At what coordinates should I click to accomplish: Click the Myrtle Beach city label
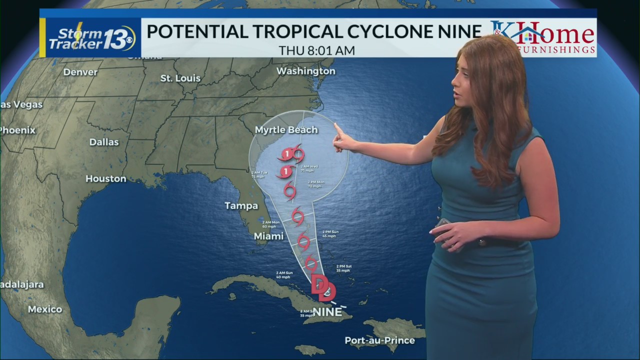click(x=286, y=130)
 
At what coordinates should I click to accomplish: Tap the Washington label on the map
click(x=305, y=71)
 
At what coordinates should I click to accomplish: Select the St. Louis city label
click(x=180, y=78)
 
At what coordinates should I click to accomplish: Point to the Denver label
click(x=80, y=72)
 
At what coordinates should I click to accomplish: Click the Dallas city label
click(x=104, y=142)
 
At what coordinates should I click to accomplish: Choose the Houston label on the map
click(x=105, y=178)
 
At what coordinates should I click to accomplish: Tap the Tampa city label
click(x=241, y=205)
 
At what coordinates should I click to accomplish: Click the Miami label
click(x=268, y=236)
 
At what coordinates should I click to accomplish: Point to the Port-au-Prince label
click(x=380, y=340)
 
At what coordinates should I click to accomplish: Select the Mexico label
click(x=45, y=309)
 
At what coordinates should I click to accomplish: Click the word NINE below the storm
click(x=327, y=312)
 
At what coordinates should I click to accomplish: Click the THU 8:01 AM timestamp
click(x=317, y=50)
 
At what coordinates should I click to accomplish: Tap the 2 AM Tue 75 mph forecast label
click(x=259, y=174)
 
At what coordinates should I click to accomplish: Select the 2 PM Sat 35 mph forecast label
click(x=344, y=268)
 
